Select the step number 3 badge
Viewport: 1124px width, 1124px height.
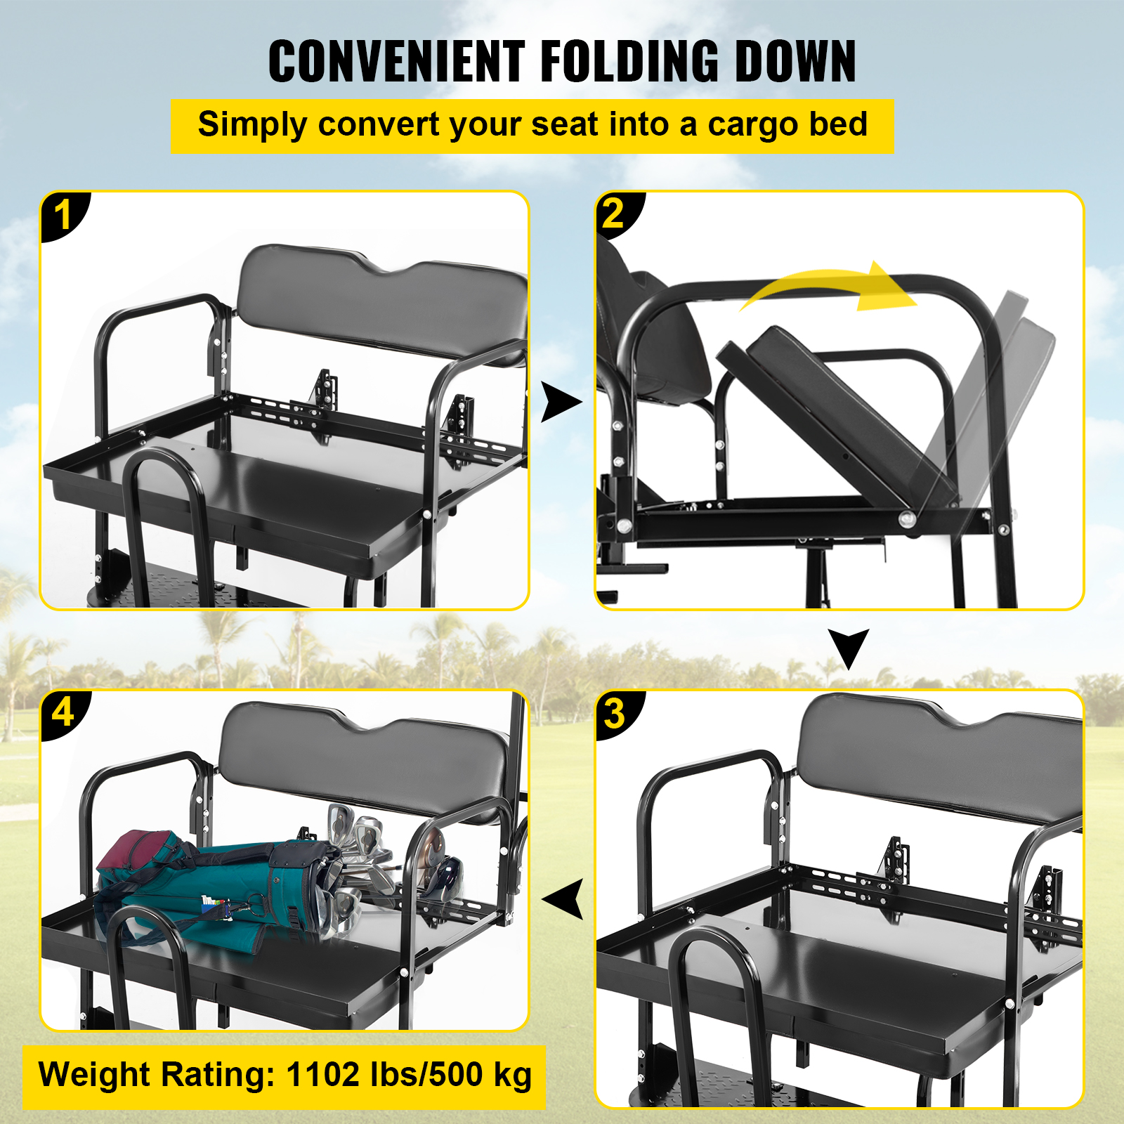[616, 714]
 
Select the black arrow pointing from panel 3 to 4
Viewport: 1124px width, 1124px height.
[563, 899]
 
